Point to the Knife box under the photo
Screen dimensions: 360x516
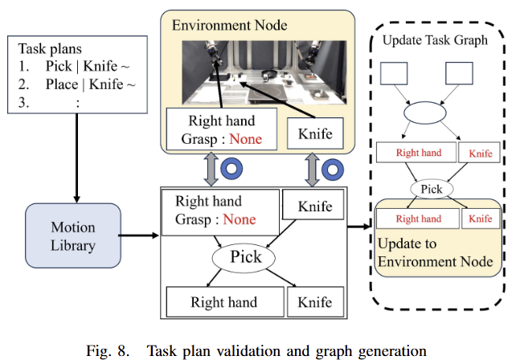coord(315,132)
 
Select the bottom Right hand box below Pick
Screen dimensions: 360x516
coord(223,302)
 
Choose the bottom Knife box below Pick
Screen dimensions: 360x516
coord(314,302)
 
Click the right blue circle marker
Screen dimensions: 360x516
coord(334,169)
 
